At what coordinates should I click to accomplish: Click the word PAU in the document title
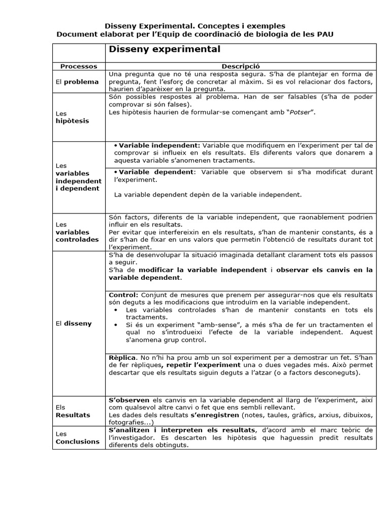pos(326,34)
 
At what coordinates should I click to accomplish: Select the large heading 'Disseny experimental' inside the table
pos(165,50)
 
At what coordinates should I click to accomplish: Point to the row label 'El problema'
pos(77,81)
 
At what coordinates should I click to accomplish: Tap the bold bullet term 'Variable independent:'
pos(160,145)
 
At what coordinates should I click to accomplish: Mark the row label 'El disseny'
pos(74,323)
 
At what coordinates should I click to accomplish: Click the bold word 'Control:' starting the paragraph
pos(123,295)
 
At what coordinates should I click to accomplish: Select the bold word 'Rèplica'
pos(123,357)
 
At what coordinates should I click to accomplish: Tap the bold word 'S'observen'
pos(129,400)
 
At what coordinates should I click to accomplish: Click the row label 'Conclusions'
pos(77,441)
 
